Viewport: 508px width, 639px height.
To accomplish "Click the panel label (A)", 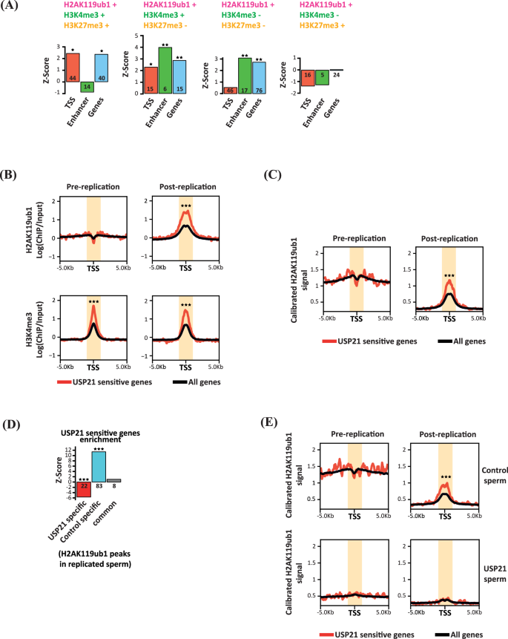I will (11, 7).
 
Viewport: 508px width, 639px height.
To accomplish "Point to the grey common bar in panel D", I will (113, 481).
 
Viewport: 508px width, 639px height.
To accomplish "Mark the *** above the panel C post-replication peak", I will (449, 277).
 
